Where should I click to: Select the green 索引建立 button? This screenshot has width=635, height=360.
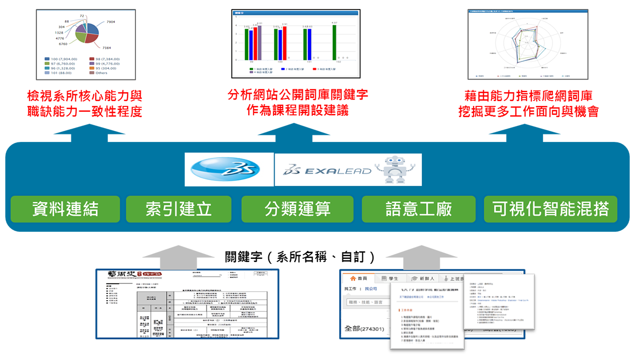[179, 209]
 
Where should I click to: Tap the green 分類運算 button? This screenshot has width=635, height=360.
[297, 209]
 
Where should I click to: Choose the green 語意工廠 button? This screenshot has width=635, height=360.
[419, 209]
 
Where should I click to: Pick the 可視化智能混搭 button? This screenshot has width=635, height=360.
[550, 209]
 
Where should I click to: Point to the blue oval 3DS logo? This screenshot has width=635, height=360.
[229, 170]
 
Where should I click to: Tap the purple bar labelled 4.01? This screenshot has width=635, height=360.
[259, 42]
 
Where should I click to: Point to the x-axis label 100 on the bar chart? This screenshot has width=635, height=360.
[280, 62]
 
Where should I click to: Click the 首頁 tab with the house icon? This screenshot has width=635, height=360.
[359, 278]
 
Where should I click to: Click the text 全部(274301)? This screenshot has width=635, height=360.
[365, 328]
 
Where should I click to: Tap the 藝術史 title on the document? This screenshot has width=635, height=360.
[116, 275]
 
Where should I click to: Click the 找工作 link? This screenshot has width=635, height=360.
[350, 289]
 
